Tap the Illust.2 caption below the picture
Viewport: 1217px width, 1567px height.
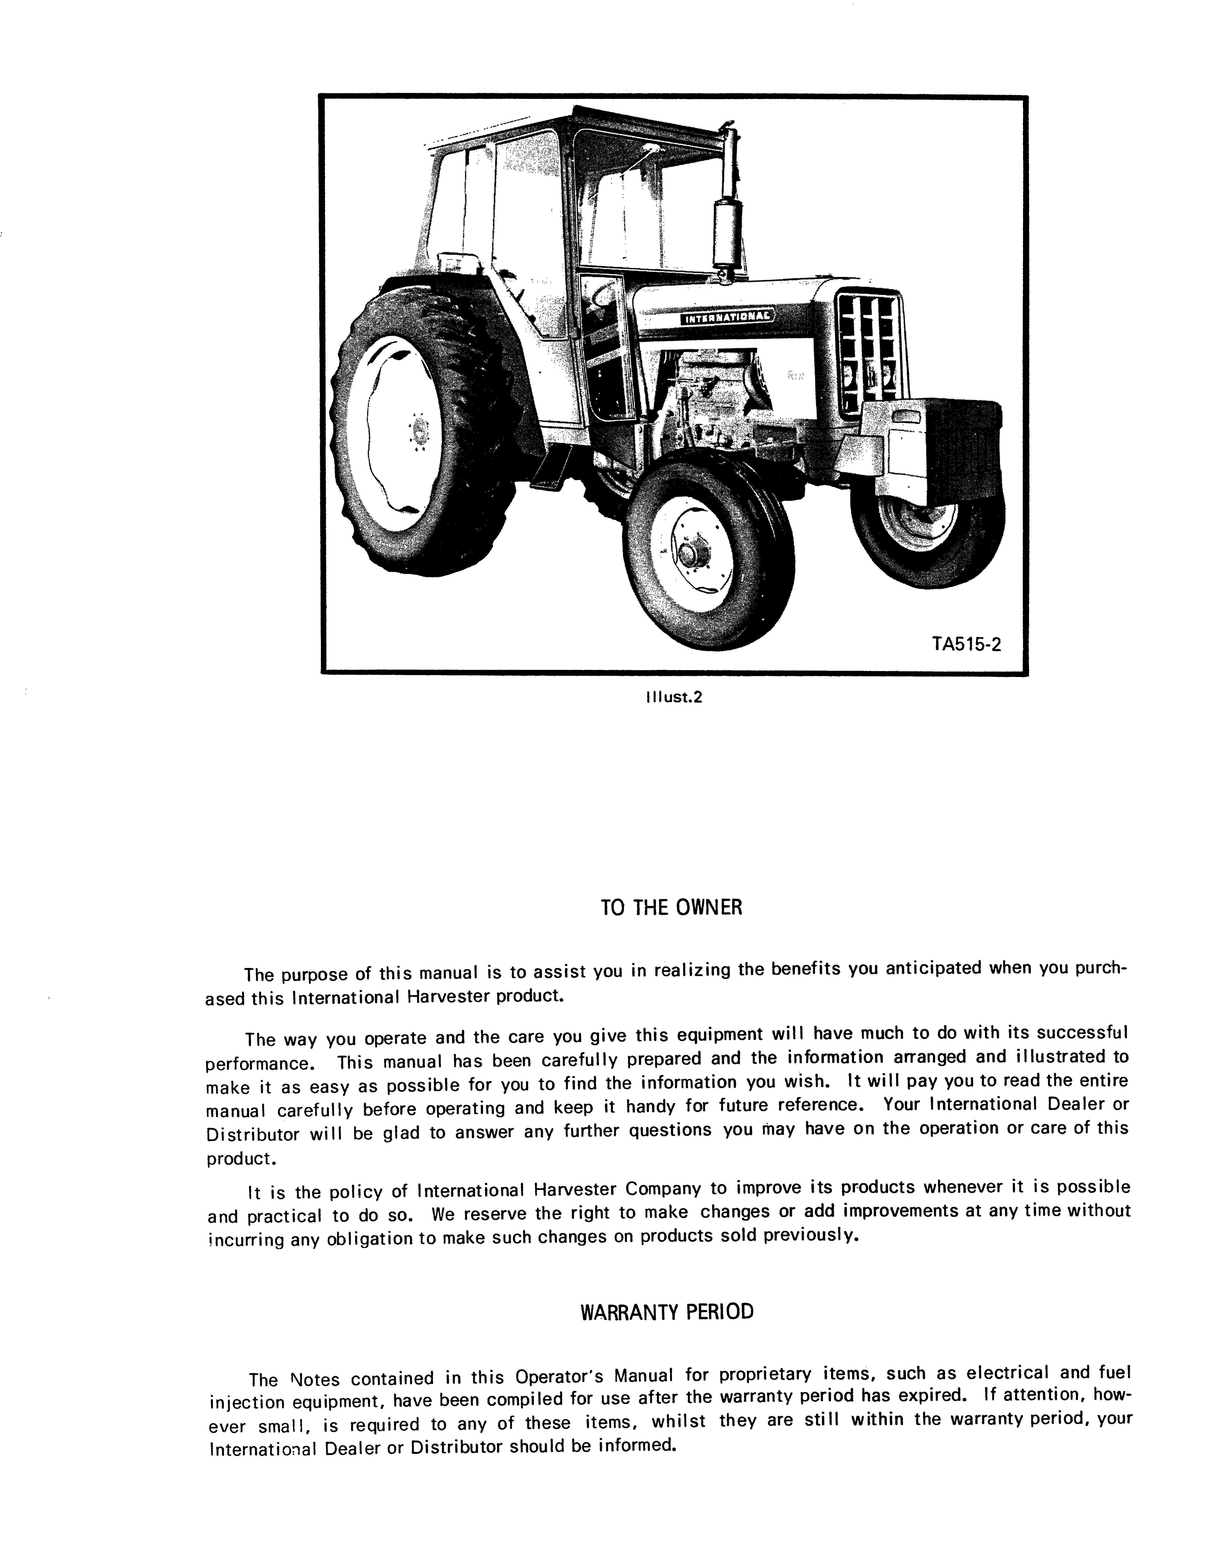[x=672, y=697]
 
